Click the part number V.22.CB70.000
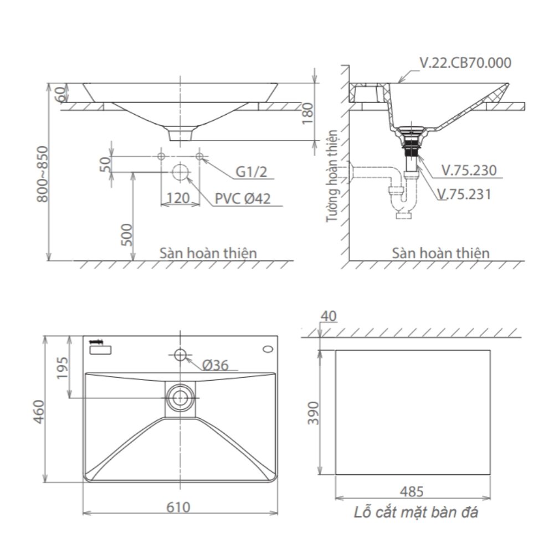[x=465, y=63]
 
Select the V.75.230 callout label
[x=469, y=170]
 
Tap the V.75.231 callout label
[x=464, y=194]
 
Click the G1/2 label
[x=251, y=172]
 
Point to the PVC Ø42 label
[x=243, y=198]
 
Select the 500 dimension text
[x=126, y=235]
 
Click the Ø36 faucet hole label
[x=216, y=365]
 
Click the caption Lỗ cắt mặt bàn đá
[x=416, y=512]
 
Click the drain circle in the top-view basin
[x=179, y=397]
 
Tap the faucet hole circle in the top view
[x=179, y=354]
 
